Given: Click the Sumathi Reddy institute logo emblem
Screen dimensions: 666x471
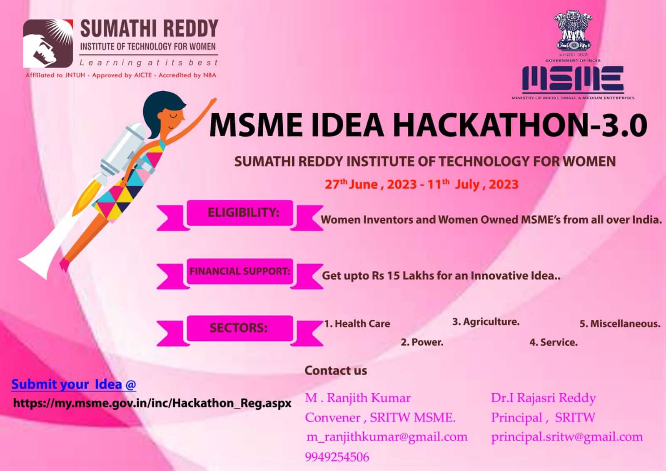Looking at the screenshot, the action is coord(48,43).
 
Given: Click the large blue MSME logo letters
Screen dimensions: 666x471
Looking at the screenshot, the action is coord(573,78).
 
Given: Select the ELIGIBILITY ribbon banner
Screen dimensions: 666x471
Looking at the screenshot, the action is coord(239,215).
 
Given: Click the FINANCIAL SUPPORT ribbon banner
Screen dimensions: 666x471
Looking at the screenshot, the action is coord(239,274).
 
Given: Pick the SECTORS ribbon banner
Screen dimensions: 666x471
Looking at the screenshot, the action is coord(239,331).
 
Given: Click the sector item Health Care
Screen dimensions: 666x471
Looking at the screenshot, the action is coord(357,324).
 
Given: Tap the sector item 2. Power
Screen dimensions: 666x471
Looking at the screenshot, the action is coord(422,342).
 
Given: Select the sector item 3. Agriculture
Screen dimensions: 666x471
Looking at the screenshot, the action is coord(486,322).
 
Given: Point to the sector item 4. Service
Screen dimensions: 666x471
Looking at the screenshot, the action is coord(554,343).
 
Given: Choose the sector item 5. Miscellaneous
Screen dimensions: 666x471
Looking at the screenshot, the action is coord(620,324).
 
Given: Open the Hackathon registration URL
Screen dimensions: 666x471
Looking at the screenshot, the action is coord(152,403).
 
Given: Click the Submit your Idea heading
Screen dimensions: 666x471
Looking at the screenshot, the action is coord(74,384).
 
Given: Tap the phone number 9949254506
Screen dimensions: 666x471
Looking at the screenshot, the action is coord(337,457).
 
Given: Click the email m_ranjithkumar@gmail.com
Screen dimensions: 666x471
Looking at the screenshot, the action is coord(387,437).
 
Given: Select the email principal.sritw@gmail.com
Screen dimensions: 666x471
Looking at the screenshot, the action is coord(567,437).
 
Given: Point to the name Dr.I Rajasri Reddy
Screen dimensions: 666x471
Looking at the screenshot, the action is coord(544,398).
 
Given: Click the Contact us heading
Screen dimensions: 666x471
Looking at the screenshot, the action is coord(336,371).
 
